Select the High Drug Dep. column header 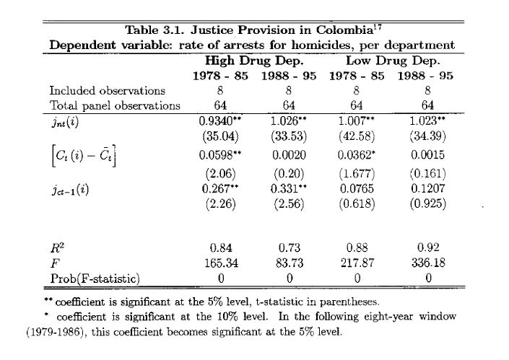coord(245,61)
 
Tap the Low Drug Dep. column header coord(392,61)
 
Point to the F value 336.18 coord(429,263)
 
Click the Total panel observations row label coord(114,105)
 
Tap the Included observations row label coord(107,91)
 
